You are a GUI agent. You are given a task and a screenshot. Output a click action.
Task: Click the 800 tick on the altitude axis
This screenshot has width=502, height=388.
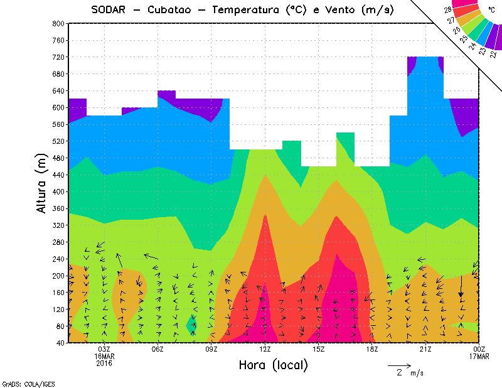pyautogui.click(x=58, y=23)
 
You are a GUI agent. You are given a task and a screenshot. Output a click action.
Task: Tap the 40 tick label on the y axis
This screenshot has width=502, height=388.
pyautogui.click(x=60, y=343)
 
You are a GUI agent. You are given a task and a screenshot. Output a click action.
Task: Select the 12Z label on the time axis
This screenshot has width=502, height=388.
pyautogui.click(x=265, y=349)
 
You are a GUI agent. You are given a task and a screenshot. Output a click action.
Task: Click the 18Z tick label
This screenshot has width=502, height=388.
pyautogui.click(x=372, y=349)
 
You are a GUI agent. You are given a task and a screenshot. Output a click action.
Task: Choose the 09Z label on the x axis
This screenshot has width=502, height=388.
pyautogui.click(x=211, y=349)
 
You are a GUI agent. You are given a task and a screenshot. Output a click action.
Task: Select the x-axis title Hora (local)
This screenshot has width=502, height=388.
pyautogui.click(x=273, y=365)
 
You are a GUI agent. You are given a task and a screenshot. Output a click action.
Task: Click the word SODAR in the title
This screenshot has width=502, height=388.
pyautogui.click(x=107, y=9)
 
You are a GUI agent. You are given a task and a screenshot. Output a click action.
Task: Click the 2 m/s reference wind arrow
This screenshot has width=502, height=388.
pyautogui.click(x=399, y=365)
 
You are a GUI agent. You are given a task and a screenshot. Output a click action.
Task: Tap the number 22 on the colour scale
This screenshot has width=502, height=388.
pyautogui.click(x=491, y=55)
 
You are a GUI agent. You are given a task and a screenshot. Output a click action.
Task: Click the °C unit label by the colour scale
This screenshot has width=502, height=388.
pyautogui.click(x=491, y=9)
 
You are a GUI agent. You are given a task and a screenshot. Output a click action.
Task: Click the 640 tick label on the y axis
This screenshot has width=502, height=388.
pyautogui.click(x=58, y=90)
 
